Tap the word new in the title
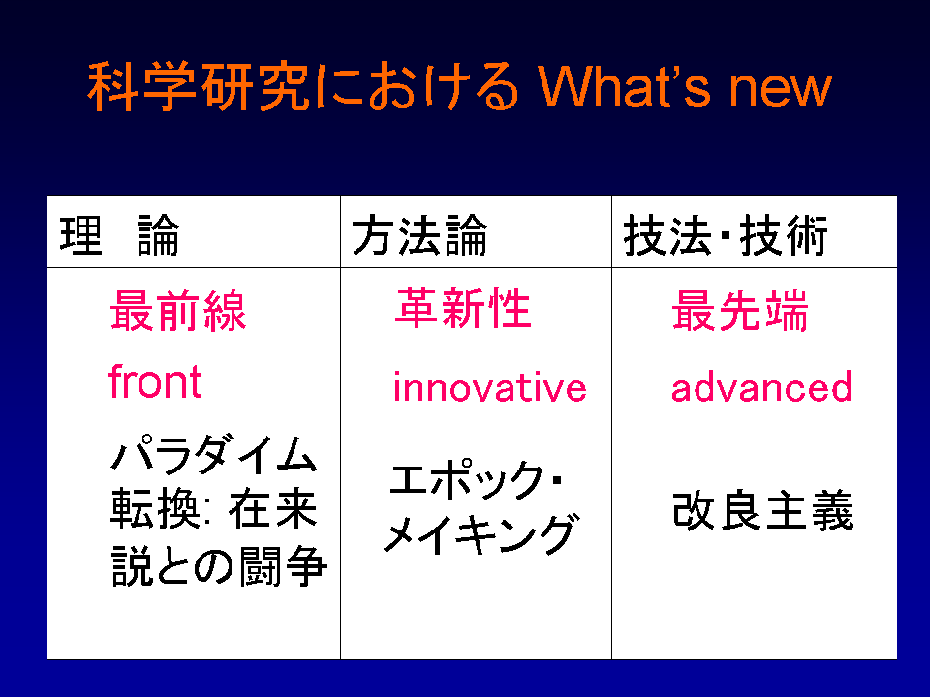pos(780,90)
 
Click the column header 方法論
pos(419,234)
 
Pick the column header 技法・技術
pos(726,234)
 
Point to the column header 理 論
pos(119,234)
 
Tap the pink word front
pos(155,380)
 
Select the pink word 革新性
pos(463,307)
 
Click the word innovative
pos(490,386)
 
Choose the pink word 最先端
pos(739,311)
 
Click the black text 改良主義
pos(763,510)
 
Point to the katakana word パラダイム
pos(214,455)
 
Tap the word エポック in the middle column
pos(467,479)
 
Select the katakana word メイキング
pos(480,533)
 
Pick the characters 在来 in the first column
pos(273,508)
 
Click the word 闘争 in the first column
pos(283,565)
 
